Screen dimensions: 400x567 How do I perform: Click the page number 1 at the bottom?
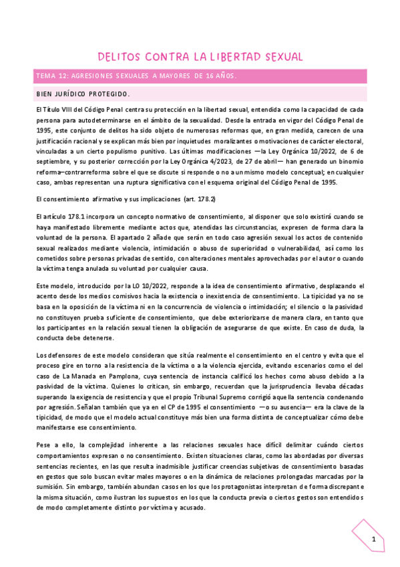tap(374, 540)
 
